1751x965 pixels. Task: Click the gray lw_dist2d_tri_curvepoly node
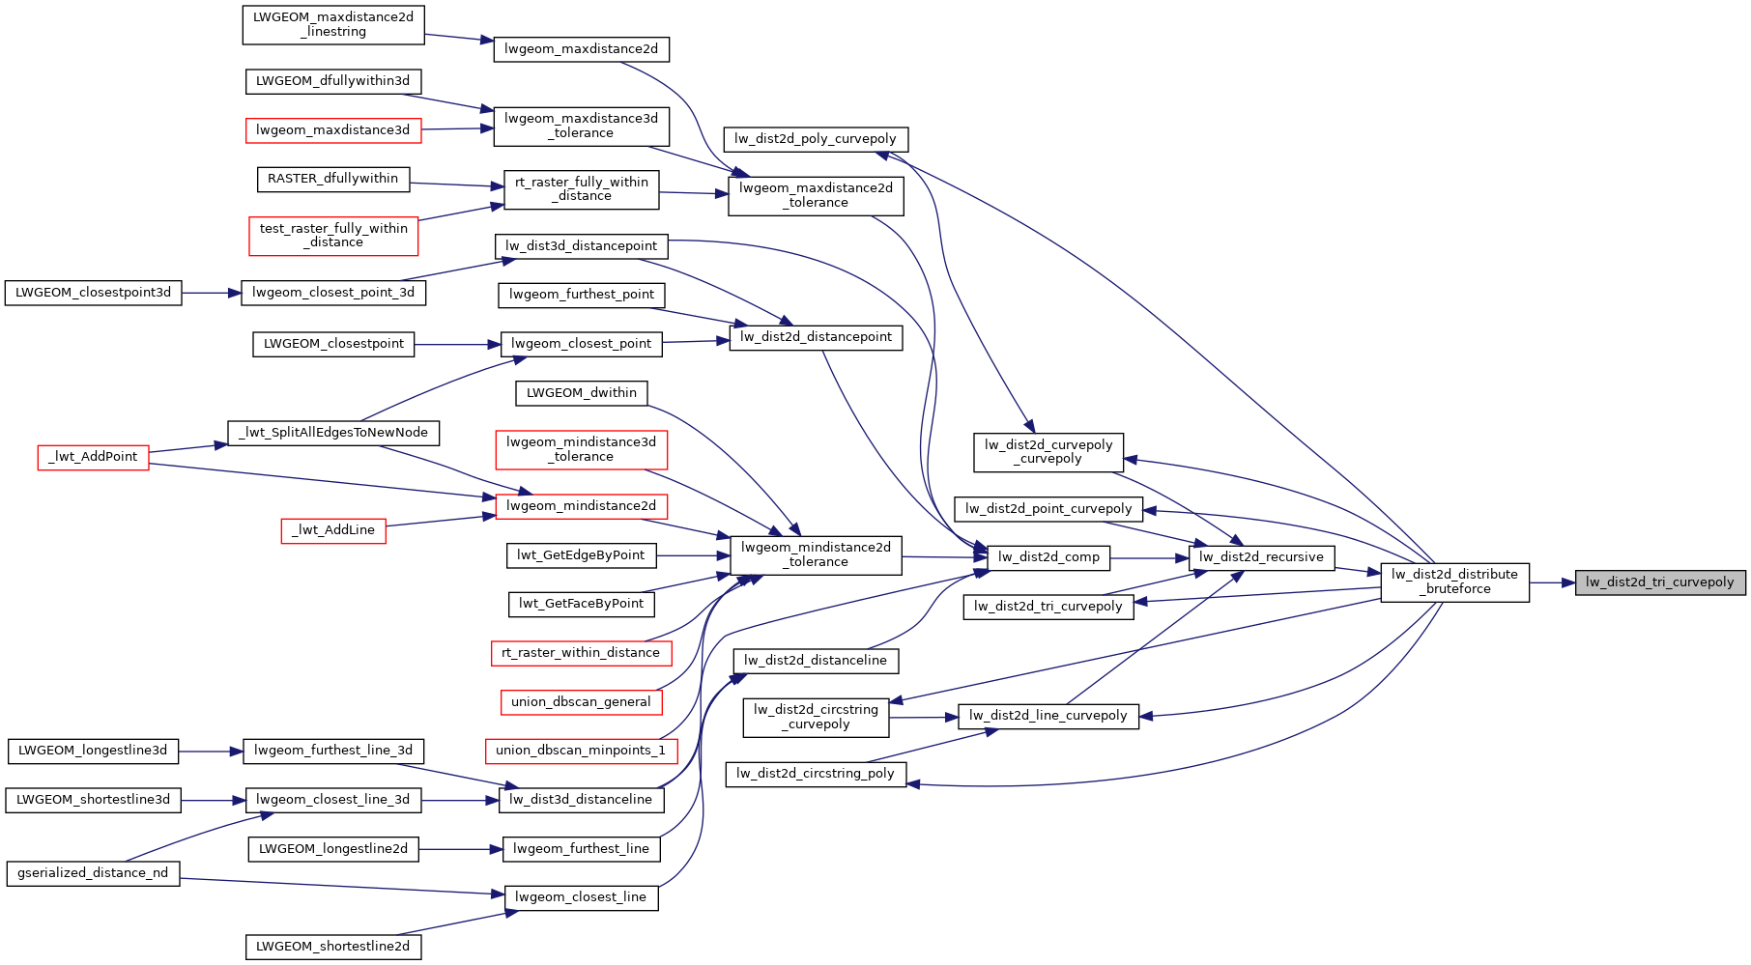[1659, 582]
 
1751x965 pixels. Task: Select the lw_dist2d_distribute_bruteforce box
[1454, 582]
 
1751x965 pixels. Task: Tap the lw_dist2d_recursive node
[1260, 557]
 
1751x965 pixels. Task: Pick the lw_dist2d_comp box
[1048, 557]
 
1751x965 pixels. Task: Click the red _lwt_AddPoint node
[93, 457]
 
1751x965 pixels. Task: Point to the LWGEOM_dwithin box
[581, 393]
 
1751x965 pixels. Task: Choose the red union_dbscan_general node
[581, 702]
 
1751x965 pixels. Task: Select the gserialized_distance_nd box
[93, 873]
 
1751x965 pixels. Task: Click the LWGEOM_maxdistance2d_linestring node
[332, 25]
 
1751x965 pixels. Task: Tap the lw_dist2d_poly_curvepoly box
[815, 139]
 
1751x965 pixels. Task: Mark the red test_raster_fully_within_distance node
[332, 236]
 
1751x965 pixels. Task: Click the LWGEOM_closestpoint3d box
[93, 293]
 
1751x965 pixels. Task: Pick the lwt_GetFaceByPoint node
[581, 604]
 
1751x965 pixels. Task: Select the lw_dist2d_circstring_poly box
[815, 774]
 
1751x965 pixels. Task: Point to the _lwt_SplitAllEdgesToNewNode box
[332, 433]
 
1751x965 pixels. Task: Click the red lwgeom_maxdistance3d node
[332, 130]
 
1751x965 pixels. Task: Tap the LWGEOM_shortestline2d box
[332, 947]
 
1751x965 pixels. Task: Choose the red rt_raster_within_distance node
[581, 653]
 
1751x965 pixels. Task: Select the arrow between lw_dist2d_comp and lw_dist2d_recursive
[1149, 557]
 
